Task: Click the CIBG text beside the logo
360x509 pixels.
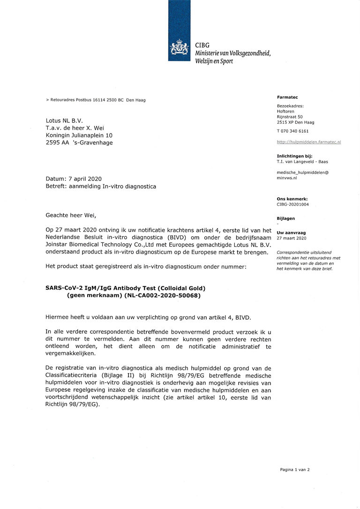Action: [202, 45]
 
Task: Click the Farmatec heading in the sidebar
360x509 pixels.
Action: [287, 97]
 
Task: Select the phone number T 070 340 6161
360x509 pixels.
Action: [293, 131]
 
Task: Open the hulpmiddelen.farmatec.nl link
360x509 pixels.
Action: [309, 142]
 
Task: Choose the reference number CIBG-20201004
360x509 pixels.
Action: [293, 204]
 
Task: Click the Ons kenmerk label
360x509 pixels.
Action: [292, 199]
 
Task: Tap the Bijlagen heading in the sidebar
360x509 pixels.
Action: [286, 218]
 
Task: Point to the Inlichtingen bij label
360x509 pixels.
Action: [295, 156]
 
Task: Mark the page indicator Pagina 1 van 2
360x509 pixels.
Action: [295, 470]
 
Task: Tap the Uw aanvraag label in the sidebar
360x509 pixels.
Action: [288, 233]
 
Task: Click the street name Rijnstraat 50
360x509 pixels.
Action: [290, 117]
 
